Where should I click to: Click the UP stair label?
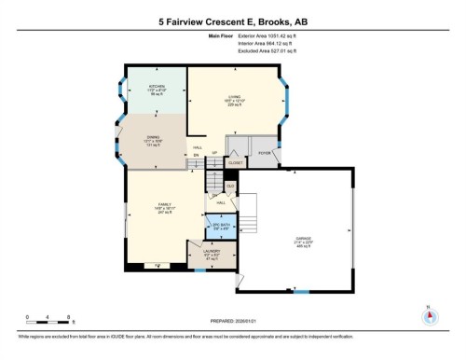[x=214, y=153]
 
